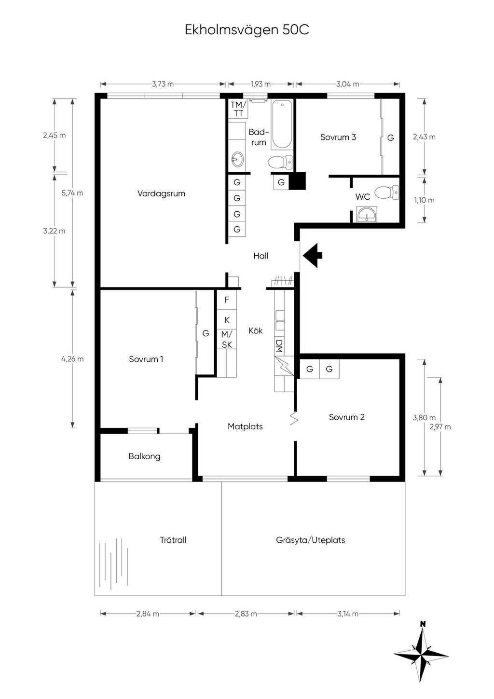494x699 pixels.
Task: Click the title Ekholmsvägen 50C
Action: coord(247,30)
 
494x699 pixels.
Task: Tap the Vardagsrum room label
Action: coord(161,193)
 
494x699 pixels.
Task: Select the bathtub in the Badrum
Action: coord(282,124)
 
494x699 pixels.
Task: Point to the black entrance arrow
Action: coord(313,255)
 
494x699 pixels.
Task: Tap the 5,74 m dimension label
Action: coord(72,193)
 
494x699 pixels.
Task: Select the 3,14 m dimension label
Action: coord(348,614)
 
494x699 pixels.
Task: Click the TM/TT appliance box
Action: coord(238,109)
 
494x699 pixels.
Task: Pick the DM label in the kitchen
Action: coord(279,346)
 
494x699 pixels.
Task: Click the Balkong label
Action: coord(145,456)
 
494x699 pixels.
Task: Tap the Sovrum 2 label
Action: coord(347,417)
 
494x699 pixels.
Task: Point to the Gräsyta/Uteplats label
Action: coord(311,540)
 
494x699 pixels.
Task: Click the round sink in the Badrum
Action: coord(237,160)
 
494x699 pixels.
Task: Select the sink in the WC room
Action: coord(367,214)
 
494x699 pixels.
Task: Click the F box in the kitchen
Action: coord(227,300)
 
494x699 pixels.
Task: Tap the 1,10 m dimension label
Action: coord(424,200)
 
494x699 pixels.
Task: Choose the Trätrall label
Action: coord(173,540)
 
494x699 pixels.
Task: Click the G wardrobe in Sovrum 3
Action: coord(391,137)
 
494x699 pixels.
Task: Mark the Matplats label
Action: coord(245,426)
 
